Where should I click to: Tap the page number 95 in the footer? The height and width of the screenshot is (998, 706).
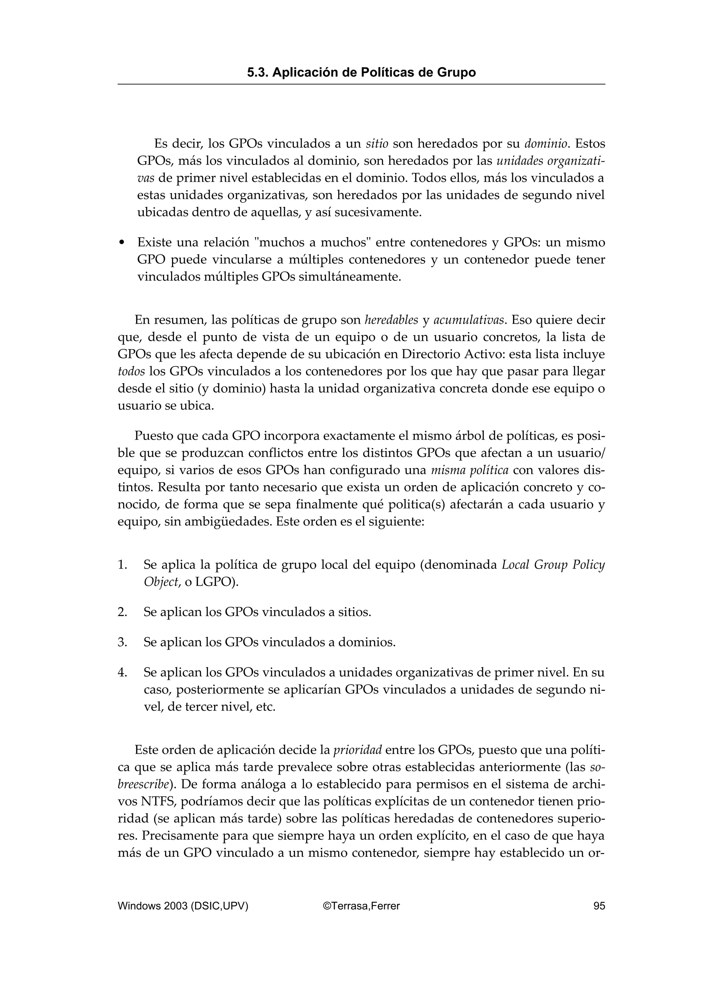[x=599, y=906]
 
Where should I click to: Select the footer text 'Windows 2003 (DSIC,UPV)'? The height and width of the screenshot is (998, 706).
[x=183, y=906]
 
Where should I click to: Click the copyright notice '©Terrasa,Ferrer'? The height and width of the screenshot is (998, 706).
[x=361, y=906]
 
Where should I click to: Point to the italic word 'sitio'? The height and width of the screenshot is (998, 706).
[x=377, y=144]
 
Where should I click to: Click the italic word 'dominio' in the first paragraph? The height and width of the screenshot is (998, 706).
[x=546, y=144]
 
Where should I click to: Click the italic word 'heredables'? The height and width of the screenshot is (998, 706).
[x=391, y=320]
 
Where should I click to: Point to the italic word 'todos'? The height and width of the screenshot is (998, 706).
[x=131, y=372]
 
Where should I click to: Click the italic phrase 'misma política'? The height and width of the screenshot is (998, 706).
[x=470, y=470]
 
